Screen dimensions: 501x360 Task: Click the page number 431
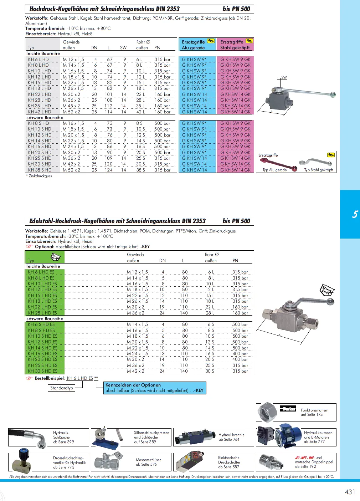[x=350, y=492]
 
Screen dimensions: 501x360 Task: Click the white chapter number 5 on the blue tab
[x=355, y=214]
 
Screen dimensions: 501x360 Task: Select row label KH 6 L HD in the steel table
[x=38, y=60]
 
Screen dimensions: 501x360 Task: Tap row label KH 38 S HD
[x=40, y=170]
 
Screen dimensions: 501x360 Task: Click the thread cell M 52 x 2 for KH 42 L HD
[x=71, y=112]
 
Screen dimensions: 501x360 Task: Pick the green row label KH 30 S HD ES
[x=42, y=371]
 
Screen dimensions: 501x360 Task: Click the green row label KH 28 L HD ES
[x=42, y=313]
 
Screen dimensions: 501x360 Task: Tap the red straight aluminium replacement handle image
[x=278, y=164]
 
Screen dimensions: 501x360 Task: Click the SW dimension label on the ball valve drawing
[x=284, y=77]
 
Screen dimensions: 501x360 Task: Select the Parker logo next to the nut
[x=288, y=409]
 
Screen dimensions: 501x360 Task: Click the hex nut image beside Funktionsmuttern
[x=267, y=412]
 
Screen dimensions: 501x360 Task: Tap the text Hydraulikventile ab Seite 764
[x=231, y=437]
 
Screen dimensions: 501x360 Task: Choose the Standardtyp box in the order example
[x=62, y=388]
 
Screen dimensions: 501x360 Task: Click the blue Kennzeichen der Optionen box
[x=155, y=388]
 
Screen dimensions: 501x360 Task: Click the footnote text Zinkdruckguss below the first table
[x=40, y=176]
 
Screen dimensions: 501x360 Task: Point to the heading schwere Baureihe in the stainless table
[x=45, y=319]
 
